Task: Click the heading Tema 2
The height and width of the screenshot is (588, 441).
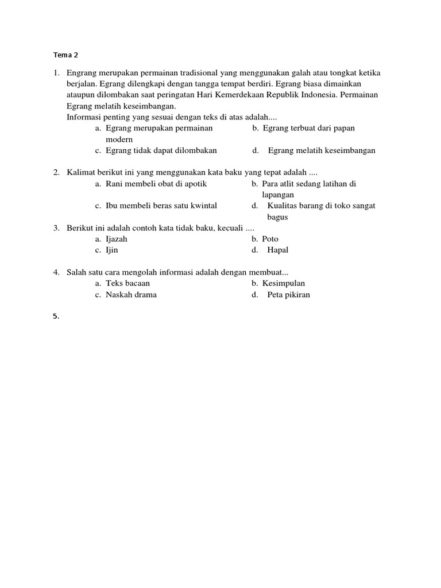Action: click(65, 56)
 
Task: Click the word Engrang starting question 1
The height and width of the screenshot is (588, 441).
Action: click(82, 73)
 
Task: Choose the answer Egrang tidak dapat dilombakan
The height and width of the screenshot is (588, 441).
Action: click(161, 150)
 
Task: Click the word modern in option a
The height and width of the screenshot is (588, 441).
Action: click(119, 140)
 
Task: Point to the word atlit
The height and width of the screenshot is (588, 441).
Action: click(289, 184)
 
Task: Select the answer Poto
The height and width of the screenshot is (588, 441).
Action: click(270, 239)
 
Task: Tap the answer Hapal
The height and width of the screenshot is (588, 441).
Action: click(278, 250)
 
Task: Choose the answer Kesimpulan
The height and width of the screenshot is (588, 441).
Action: click(283, 284)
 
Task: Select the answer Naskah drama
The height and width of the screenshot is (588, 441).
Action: click(131, 295)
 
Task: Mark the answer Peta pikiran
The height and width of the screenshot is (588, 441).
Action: click(288, 295)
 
